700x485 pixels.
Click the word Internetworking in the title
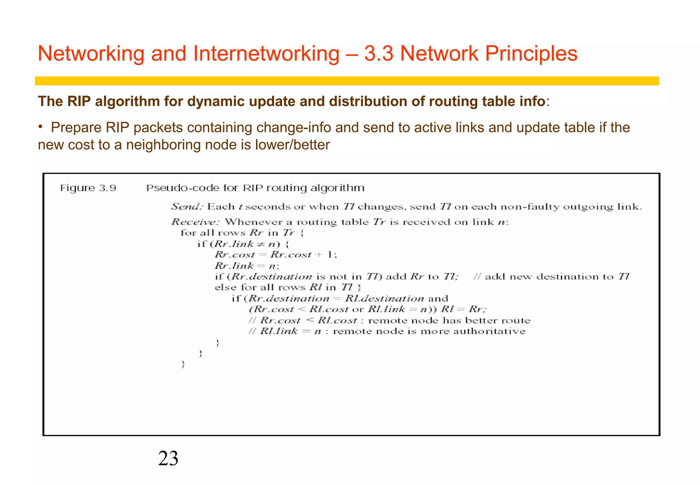[266, 54]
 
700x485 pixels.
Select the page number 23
[168, 458]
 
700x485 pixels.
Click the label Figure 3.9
[88, 188]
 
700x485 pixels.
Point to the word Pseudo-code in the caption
[183, 188]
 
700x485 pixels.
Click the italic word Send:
[187, 207]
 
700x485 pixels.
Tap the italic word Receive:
[195, 222]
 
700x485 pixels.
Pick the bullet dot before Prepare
[40, 127]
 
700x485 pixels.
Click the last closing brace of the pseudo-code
[183, 364]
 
